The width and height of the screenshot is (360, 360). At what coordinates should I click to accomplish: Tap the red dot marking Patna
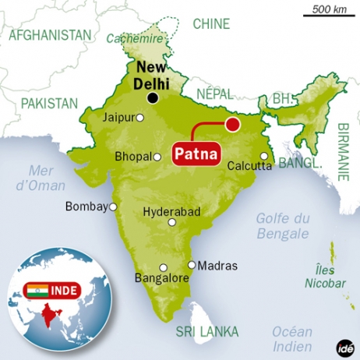click(x=231, y=125)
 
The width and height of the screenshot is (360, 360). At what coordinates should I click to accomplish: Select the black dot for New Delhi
click(x=154, y=97)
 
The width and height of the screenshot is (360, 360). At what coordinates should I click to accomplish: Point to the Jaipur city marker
click(x=140, y=118)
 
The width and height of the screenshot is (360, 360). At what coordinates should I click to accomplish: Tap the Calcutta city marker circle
click(x=265, y=156)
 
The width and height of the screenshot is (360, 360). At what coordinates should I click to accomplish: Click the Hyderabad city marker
click(x=171, y=222)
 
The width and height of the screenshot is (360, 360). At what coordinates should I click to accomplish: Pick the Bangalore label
click(x=164, y=278)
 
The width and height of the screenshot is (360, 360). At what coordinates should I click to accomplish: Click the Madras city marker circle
click(x=192, y=264)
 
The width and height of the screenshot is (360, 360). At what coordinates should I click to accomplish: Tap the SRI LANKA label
click(x=206, y=332)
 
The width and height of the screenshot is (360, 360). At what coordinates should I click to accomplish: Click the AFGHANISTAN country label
click(x=50, y=36)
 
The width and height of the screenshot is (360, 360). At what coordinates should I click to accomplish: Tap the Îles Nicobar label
click(x=325, y=277)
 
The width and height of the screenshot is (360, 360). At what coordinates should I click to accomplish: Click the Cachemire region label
click(x=129, y=38)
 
